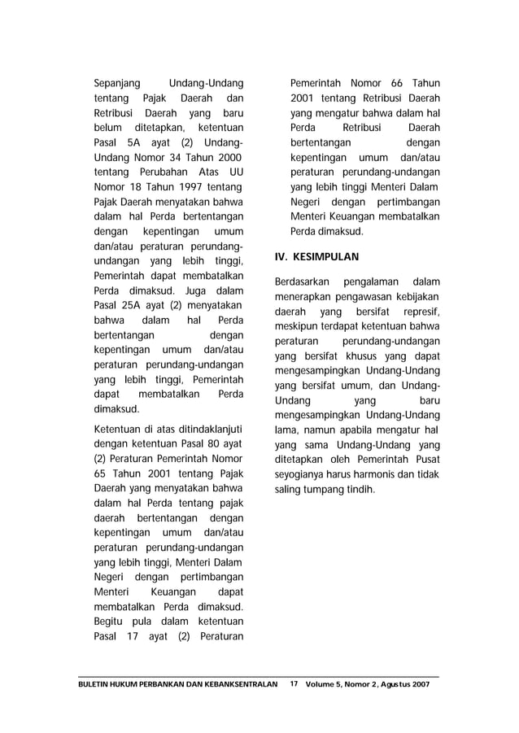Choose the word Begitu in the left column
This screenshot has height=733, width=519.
tap(111, 622)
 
